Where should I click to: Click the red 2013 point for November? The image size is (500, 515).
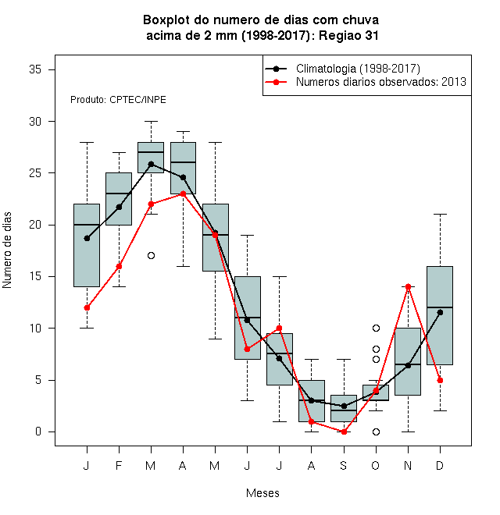tap(408, 286)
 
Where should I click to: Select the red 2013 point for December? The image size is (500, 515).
tap(440, 380)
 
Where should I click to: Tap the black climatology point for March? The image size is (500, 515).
tap(151, 164)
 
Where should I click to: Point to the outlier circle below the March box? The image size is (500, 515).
tap(151, 255)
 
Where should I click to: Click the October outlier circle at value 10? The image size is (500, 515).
tap(376, 328)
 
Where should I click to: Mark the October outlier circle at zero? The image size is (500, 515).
tap(376, 432)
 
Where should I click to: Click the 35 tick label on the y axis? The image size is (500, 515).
tap(35, 69)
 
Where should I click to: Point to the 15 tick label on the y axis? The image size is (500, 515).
tap(35, 276)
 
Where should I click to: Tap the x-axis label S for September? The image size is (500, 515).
tap(344, 466)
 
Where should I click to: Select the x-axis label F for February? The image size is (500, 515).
tap(119, 466)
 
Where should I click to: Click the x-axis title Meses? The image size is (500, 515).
tap(262, 493)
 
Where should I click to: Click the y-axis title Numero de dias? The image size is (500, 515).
tap(7, 250)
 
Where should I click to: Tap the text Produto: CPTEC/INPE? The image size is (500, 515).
tap(118, 100)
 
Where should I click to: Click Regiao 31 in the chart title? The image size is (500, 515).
tap(348, 35)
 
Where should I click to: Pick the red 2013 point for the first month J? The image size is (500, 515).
tap(87, 307)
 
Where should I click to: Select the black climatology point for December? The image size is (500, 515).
tap(440, 312)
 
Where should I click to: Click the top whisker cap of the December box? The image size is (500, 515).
tap(440, 214)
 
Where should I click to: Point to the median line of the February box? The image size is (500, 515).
tap(119, 194)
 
